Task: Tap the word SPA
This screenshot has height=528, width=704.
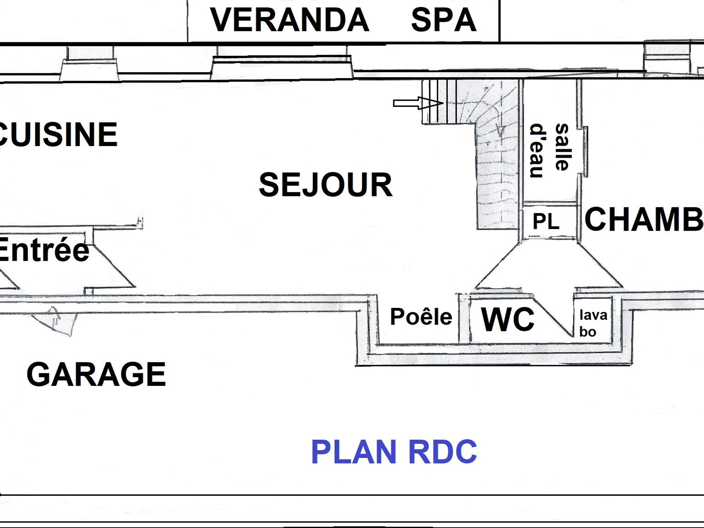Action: pyautogui.click(x=444, y=20)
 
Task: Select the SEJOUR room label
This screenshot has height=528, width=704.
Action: pyautogui.click(x=326, y=185)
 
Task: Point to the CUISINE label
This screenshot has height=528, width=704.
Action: pyautogui.click(x=57, y=135)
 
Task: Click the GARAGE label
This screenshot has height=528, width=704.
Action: pyautogui.click(x=96, y=375)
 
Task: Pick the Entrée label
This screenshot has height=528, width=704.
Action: pyautogui.click(x=44, y=250)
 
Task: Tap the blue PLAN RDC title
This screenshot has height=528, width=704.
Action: pyautogui.click(x=394, y=452)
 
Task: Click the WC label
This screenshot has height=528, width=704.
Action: pyautogui.click(x=508, y=319)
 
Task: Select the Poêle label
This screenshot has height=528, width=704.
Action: pyautogui.click(x=421, y=317)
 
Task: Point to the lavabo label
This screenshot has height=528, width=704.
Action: pyautogui.click(x=593, y=323)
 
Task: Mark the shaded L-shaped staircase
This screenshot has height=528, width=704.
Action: pyautogui.click(x=497, y=159)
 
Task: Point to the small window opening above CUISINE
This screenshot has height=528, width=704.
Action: pyautogui.click(x=90, y=62)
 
